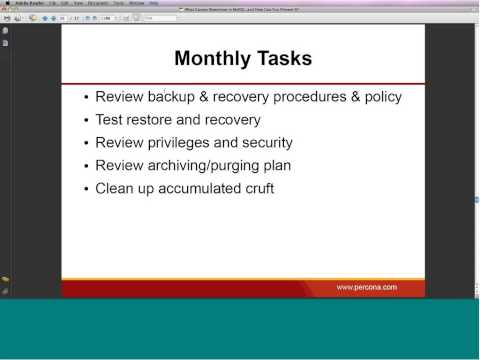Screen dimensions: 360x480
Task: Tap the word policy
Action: [x=380, y=97]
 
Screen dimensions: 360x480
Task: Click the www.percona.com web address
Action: [x=366, y=287]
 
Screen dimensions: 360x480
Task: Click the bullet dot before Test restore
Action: [x=86, y=120]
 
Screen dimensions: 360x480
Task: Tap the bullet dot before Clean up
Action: [x=86, y=189]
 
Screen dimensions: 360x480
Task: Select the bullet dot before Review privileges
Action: [x=86, y=143]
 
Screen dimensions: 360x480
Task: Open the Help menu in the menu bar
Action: [x=154, y=3]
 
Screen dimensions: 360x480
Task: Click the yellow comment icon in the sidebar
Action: [x=5, y=279]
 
